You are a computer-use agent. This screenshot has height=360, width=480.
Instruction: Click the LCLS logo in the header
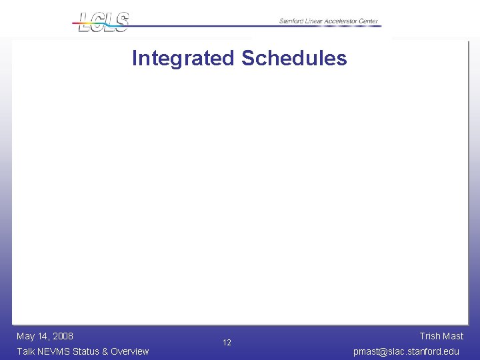[101, 21]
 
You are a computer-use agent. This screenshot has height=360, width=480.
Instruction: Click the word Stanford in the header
[291, 21]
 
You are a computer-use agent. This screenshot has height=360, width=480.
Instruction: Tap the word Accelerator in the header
[341, 21]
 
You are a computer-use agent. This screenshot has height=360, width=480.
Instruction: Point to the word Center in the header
[369, 21]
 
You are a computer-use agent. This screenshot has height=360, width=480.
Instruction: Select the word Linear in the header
[315, 21]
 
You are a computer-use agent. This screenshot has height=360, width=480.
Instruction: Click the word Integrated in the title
[183, 59]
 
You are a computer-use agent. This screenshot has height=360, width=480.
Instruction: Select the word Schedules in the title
[294, 59]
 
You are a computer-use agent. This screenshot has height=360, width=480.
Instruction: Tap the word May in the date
[26, 336]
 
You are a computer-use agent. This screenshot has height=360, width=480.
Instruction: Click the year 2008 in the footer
[62, 336]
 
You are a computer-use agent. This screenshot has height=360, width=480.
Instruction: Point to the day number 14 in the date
[43, 336]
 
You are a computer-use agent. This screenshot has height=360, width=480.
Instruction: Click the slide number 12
[227, 343]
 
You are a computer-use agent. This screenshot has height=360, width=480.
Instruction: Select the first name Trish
[430, 336]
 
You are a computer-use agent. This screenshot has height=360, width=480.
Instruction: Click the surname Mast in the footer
[453, 336]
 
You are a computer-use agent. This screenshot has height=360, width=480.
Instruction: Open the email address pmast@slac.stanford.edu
[406, 351]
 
